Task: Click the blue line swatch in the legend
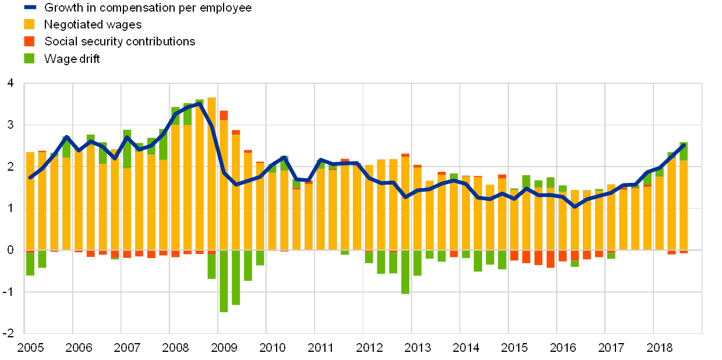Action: (x=30, y=8)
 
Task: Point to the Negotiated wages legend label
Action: (x=93, y=24)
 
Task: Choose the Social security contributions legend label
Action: (x=119, y=41)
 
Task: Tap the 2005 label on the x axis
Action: (x=30, y=348)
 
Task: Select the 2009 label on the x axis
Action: (x=224, y=348)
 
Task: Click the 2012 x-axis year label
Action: (x=369, y=348)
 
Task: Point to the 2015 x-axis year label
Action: (x=514, y=348)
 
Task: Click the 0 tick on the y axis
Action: (x=9, y=250)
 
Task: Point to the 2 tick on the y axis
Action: (x=9, y=167)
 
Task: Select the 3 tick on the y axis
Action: (x=9, y=125)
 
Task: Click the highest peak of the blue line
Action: (x=200, y=104)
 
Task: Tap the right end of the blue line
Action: (x=684, y=145)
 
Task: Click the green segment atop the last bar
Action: (x=684, y=151)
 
